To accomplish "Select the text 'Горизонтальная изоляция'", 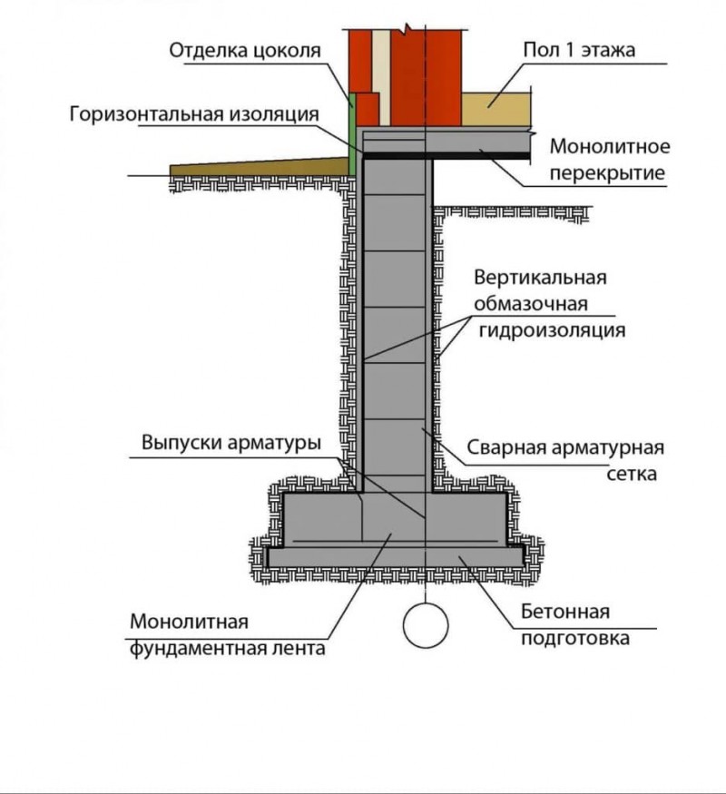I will click(x=193, y=114).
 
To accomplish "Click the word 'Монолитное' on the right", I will click(x=610, y=148).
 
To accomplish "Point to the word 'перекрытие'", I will click(x=609, y=172).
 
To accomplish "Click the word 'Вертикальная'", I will click(x=540, y=277).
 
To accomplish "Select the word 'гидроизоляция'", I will click(x=551, y=330).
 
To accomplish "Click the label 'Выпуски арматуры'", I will click(x=231, y=444).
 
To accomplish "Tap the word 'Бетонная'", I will click(x=564, y=613).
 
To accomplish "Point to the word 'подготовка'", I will click(x=574, y=638).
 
